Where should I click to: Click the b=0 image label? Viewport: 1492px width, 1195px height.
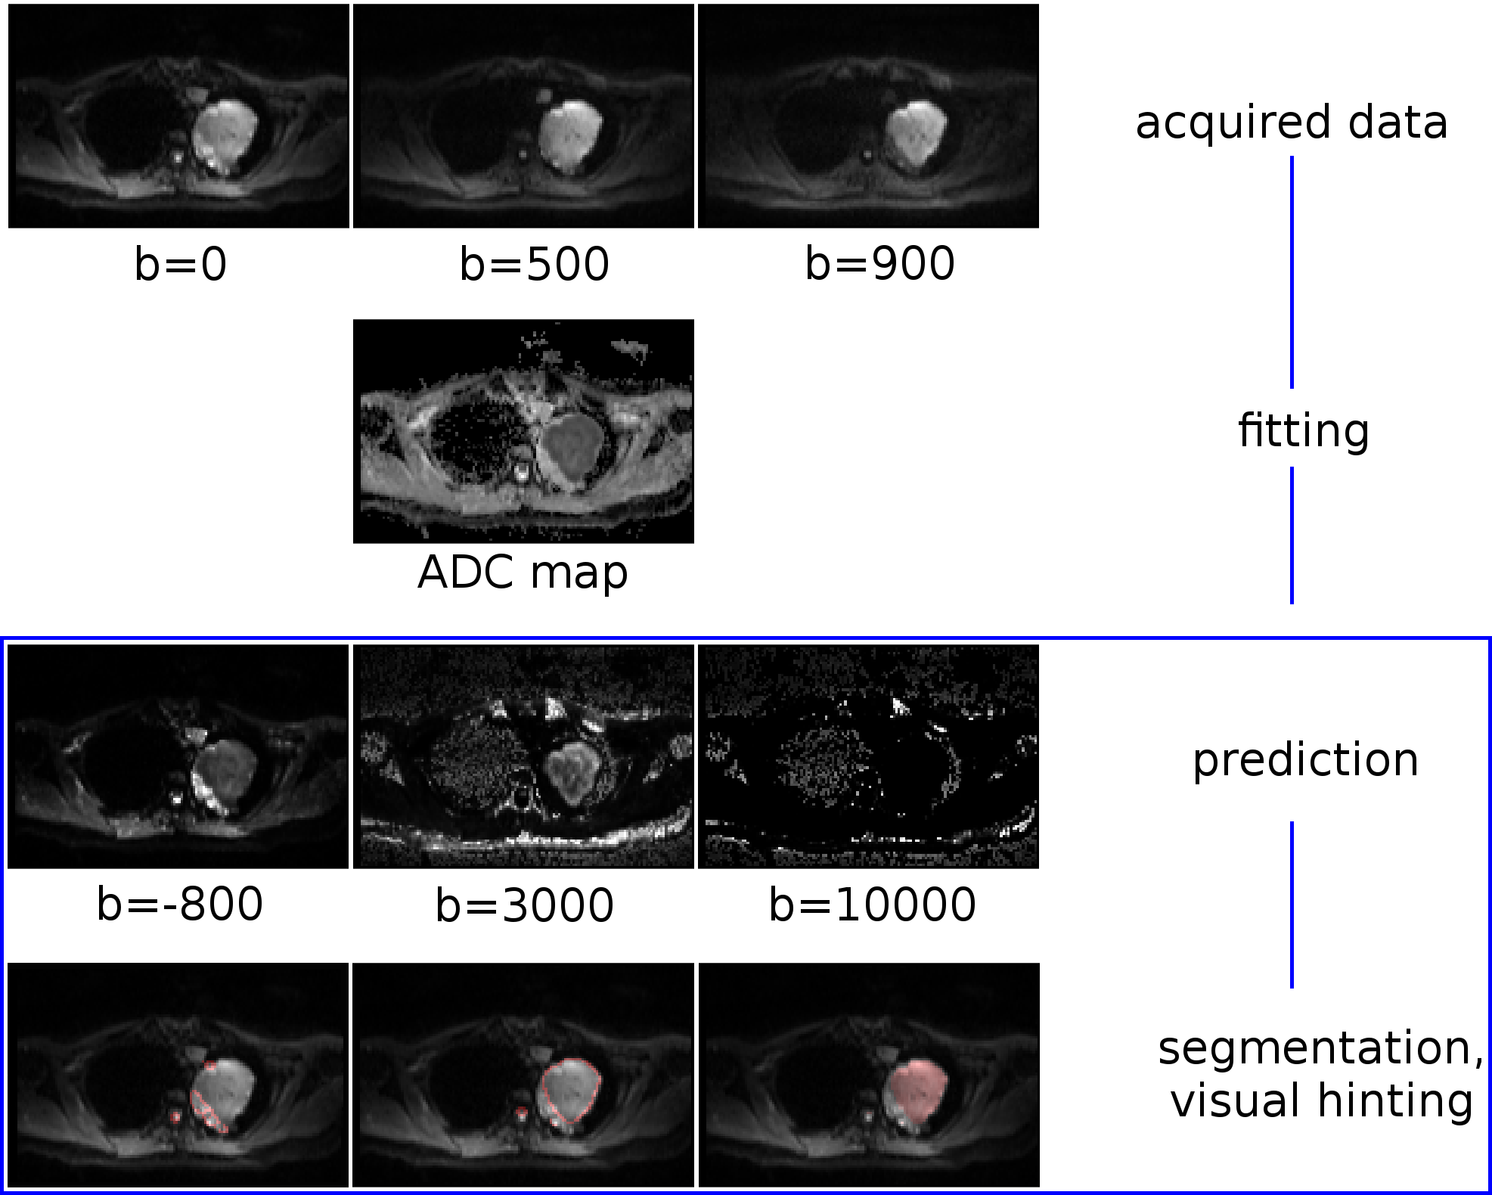pyautogui.click(x=181, y=264)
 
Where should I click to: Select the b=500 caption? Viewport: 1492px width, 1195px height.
pyautogui.click(x=534, y=264)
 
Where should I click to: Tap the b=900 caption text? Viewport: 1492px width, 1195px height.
pyautogui.click(x=879, y=264)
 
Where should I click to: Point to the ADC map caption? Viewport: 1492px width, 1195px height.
pyautogui.click(x=523, y=573)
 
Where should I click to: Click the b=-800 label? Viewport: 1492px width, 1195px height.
pyautogui.click(x=180, y=904)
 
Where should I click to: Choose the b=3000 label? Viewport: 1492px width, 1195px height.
pyautogui.click(x=524, y=905)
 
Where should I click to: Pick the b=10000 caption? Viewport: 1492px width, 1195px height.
pyautogui.click(x=872, y=905)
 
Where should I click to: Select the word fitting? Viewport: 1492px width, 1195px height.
pyautogui.click(x=1303, y=431)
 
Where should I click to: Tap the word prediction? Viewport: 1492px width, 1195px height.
pyautogui.click(x=1305, y=760)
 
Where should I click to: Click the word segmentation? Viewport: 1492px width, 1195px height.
pyautogui.click(x=1320, y=1048)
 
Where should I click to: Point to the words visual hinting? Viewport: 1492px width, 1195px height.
pyautogui.click(x=1321, y=1100)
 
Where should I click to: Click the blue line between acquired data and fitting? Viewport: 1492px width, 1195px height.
pyautogui.click(x=1292, y=272)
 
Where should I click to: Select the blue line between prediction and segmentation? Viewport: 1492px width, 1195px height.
pyautogui.click(x=1292, y=905)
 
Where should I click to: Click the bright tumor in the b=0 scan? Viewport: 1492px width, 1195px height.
pyautogui.click(x=225, y=134)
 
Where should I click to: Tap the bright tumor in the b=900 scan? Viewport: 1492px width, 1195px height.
pyautogui.click(x=916, y=132)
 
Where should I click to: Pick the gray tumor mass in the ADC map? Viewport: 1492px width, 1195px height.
pyautogui.click(x=573, y=446)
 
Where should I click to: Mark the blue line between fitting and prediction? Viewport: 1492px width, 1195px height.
pyautogui.click(x=1292, y=535)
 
